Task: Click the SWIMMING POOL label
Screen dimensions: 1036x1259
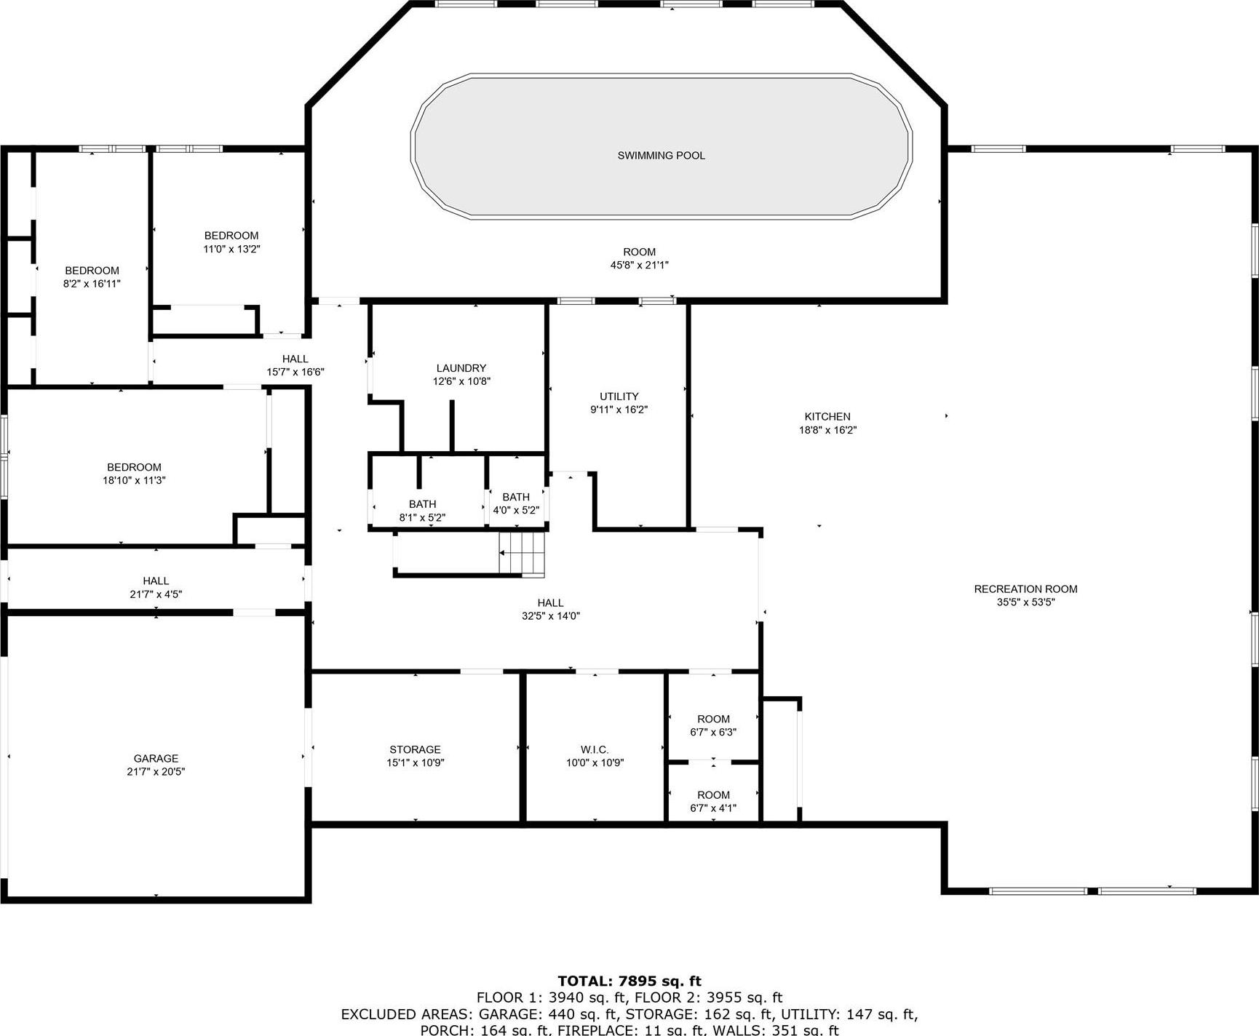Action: [x=661, y=155]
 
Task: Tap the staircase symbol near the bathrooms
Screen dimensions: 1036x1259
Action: [x=522, y=554]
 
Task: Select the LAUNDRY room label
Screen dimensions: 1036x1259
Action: [x=461, y=368]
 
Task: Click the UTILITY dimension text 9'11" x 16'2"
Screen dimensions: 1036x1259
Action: [x=619, y=410]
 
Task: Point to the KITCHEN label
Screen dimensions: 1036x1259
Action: [x=827, y=416]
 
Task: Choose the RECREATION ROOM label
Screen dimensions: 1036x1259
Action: [x=1025, y=589]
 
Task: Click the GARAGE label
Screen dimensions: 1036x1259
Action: [x=156, y=758]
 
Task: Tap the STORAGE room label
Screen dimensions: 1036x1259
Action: [x=415, y=749]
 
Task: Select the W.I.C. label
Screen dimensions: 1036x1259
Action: [x=595, y=749]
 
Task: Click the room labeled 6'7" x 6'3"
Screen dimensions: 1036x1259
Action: [x=713, y=725]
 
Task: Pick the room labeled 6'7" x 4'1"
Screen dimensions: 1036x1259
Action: [x=713, y=801]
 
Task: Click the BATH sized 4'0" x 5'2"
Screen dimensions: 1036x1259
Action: [x=516, y=503]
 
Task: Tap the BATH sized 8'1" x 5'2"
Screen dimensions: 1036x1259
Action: [x=422, y=511]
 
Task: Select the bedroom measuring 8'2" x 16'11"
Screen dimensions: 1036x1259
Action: [x=92, y=277]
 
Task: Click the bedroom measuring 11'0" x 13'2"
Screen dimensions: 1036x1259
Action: [x=231, y=242]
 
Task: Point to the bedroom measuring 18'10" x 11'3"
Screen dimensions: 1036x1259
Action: [x=134, y=474]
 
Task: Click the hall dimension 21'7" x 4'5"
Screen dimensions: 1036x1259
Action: [x=156, y=594]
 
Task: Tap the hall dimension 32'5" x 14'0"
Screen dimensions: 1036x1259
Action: [x=550, y=616]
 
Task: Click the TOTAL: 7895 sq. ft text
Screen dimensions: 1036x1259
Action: [x=629, y=981]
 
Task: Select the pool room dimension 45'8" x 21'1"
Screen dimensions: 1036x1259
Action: [x=639, y=266]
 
